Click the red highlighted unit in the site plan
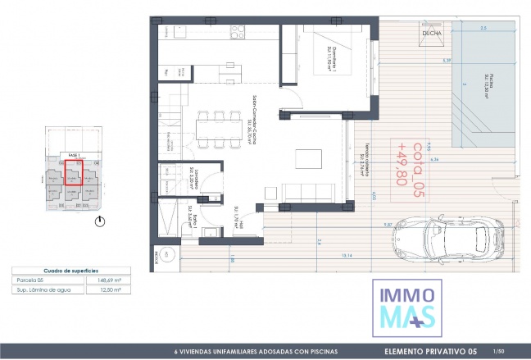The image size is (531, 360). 73,177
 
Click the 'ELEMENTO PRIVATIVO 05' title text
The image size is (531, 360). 431,352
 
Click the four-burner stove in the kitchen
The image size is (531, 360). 238,32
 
